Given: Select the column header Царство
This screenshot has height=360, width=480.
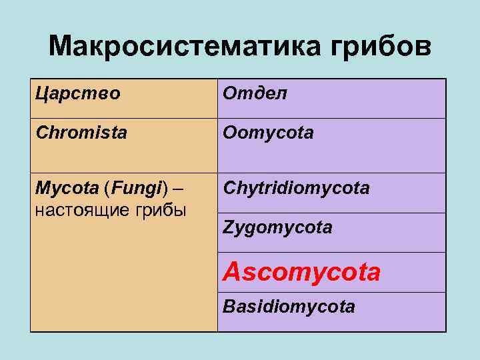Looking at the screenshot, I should [x=78, y=93].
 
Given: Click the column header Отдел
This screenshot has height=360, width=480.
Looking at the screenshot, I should [x=255, y=93].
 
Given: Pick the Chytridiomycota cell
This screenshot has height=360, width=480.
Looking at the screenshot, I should [x=296, y=189].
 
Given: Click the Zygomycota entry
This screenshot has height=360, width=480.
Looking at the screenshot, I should [x=277, y=228].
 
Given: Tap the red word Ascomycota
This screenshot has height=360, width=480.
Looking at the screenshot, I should [x=301, y=271].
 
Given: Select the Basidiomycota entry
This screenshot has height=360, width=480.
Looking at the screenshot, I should [x=289, y=307].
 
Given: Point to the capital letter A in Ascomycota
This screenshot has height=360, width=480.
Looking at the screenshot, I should [x=232, y=271].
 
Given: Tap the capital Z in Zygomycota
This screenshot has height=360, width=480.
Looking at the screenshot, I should [x=227, y=228].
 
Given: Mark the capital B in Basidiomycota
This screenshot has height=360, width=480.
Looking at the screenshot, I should [x=228, y=307].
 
